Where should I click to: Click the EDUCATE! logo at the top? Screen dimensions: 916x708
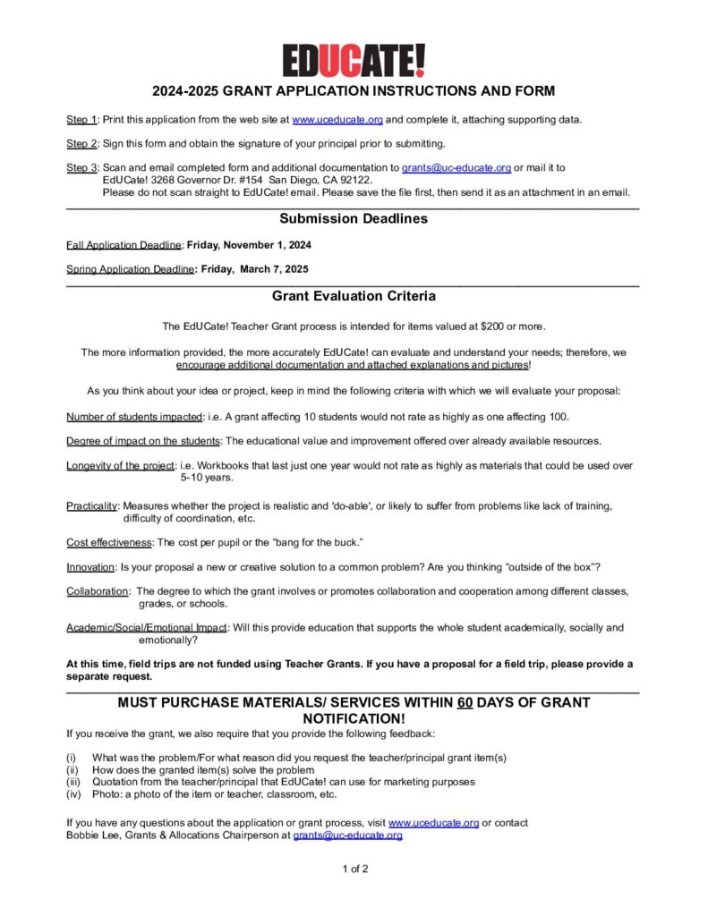(354, 60)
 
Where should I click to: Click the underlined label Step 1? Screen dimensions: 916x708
(81, 120)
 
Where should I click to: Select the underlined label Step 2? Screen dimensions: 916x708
(81, 144)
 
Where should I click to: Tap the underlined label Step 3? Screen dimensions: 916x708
(81, 168)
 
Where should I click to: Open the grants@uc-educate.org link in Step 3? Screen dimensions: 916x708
(456, 168)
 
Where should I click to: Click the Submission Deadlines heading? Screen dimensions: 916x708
(354, 219)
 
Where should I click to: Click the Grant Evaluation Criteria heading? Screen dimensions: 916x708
(354, 296)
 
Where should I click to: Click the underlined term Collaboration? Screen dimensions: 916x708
(97, 591)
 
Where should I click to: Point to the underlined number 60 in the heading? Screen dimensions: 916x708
(465, 703)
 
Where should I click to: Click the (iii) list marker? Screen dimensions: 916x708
(74, 782)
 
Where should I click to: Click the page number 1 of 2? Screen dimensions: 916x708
(354, 869)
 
